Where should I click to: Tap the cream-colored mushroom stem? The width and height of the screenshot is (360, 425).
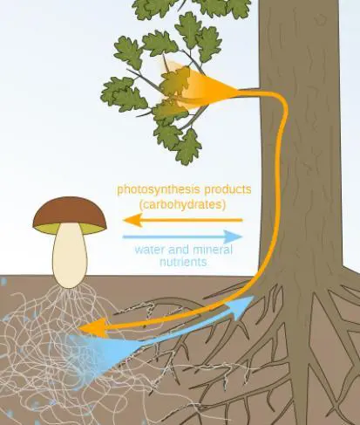(70, 257)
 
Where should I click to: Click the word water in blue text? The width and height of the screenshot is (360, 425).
(148, 250)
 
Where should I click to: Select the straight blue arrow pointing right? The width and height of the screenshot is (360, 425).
(183, 236)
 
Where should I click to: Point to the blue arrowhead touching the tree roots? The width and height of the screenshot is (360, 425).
(245, 303)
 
